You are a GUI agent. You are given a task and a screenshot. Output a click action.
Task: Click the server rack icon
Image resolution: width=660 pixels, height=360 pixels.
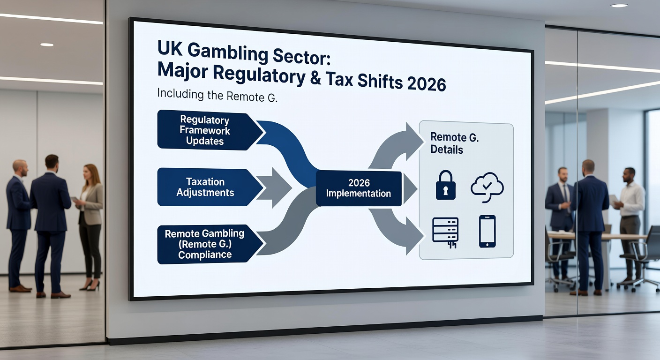[x=445, y=231]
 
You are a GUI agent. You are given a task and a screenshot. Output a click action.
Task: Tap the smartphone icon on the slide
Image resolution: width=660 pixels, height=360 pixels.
[x=487, y=231]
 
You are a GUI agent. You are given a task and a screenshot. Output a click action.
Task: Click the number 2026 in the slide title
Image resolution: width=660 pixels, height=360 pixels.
[x=427, y=83]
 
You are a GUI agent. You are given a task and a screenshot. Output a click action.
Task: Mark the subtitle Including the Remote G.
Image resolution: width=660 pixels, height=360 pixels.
[x=217, y=95]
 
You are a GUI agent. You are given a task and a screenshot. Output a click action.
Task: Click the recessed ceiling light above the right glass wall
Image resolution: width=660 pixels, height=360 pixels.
[x=619, y=5]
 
